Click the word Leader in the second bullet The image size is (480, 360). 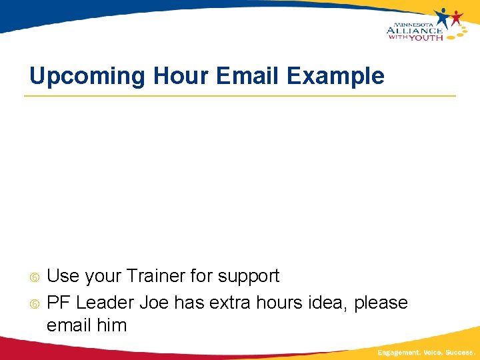pos(105,303)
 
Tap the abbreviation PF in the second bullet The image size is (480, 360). pos(59,303)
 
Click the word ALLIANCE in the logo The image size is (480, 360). pos(414,29)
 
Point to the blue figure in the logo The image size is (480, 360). pos(443,17)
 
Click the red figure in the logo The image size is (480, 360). pos(457,17)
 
